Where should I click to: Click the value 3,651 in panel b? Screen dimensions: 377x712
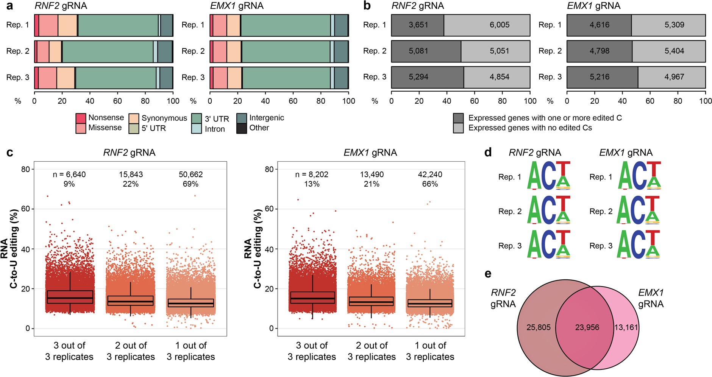[418, 25]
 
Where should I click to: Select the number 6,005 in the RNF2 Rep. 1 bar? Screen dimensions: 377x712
[499, 25]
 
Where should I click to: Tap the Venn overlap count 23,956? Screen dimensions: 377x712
[587, 327]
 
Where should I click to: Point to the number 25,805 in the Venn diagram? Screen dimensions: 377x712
[538, 327]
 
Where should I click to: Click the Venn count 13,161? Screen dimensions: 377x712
[626, 327]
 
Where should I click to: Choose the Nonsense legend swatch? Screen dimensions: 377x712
[81, 118]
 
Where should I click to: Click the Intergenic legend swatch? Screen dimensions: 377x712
[242, 118]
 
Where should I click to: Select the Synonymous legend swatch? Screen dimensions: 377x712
[134, 118]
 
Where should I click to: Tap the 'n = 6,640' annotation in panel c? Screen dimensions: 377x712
[69, 174]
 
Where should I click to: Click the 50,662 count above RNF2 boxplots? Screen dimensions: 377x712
[190, 174]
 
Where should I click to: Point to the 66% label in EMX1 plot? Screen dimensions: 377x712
[430, 184]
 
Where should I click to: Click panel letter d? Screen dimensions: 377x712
[488, 152]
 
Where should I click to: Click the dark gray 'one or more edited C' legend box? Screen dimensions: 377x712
[458, 118]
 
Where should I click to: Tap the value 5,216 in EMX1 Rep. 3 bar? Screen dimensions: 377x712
[599, 77]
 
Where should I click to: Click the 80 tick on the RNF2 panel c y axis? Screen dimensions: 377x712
[25, 169]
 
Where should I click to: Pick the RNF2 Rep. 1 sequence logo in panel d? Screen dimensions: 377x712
[548, 176]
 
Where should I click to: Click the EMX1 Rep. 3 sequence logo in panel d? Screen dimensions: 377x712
[639, 245]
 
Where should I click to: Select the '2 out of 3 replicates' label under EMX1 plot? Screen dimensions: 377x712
[372, 351]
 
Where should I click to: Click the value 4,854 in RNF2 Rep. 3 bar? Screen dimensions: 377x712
[499, 77]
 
